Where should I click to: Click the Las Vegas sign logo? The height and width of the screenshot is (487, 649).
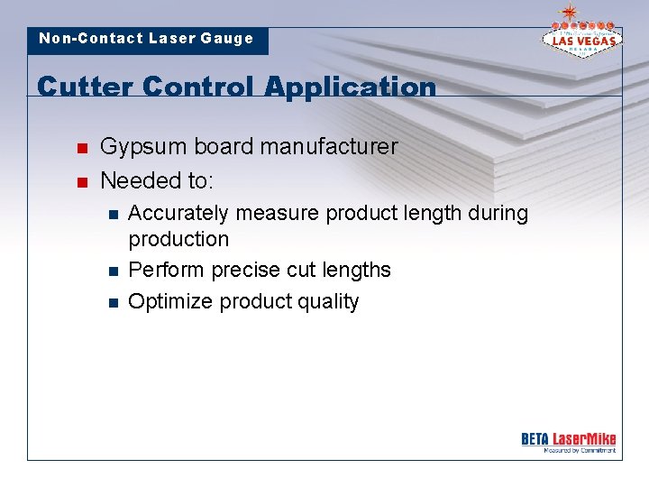tap(580, 35)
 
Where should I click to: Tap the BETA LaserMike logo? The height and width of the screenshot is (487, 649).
tap(568, 441)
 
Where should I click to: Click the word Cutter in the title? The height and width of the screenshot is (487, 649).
tap(85, 87)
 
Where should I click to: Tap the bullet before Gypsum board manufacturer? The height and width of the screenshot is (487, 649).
tap(81, 148)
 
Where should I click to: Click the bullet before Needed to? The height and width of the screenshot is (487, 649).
tap(81, 182)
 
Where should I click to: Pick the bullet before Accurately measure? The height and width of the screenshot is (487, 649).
tap(111, 215)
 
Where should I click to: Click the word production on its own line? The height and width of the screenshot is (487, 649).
tap(178, 239)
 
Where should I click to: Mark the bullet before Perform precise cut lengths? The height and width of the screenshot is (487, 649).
tap(111, 271)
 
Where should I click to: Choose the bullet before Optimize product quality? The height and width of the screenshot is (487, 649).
tap(111, 302)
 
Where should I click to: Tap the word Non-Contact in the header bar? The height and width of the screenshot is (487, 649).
tap(90, 39)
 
